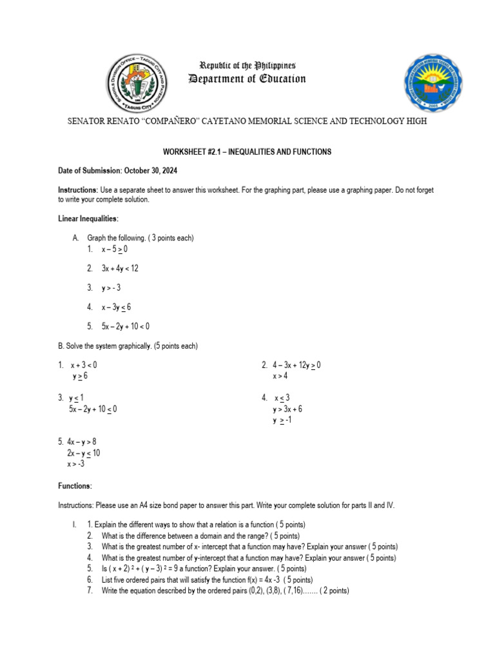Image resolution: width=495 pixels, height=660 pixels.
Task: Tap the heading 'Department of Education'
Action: (247, 79)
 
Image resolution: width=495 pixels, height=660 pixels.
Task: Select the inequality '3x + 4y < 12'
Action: (120, 268)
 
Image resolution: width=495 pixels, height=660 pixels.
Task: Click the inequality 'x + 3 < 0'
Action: (84, 365)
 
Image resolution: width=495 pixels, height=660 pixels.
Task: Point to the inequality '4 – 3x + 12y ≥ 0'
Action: (296, 365)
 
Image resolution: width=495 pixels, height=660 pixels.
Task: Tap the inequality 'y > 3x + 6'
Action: (287, 409)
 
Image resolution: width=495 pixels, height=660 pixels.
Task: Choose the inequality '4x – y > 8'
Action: (81, 442)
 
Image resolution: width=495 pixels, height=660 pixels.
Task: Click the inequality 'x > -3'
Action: (76, 463)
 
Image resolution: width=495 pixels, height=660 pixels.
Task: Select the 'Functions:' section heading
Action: (75, 485)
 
